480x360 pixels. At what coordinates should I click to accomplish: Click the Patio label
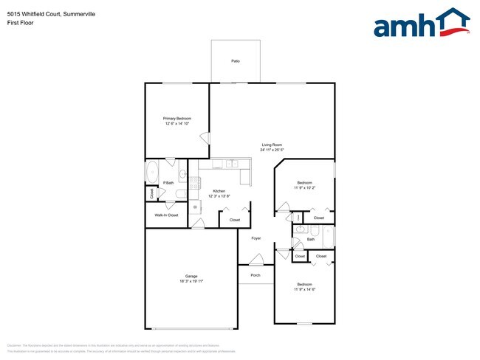[235, 60]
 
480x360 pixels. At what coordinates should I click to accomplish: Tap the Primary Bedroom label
[177, 118]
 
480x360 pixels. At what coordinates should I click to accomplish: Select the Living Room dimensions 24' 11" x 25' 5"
[272, 150]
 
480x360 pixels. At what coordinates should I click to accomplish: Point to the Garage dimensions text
[191, 281]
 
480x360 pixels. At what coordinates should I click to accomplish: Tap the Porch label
[255, 275]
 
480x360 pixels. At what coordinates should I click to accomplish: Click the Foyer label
[256, 238]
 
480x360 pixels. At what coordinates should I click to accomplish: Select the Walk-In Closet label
[166, 215]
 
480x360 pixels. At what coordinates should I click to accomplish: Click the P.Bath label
[168, 182]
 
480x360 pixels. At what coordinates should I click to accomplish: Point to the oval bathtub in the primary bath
[152, 172]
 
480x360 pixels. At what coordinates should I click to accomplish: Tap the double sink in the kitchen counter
[231, 163]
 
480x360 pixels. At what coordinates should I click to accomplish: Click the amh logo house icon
[452, 22]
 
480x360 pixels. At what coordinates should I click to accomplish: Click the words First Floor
[20, 23]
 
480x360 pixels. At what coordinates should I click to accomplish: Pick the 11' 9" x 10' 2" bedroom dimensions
[304, 187]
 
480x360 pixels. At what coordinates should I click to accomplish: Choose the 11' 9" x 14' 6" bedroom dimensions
[304, 289]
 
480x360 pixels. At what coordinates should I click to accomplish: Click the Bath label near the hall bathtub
[311, 239]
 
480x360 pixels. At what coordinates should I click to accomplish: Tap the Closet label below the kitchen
[235, 220]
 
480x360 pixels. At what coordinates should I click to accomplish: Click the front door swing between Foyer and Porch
[256, 259]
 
